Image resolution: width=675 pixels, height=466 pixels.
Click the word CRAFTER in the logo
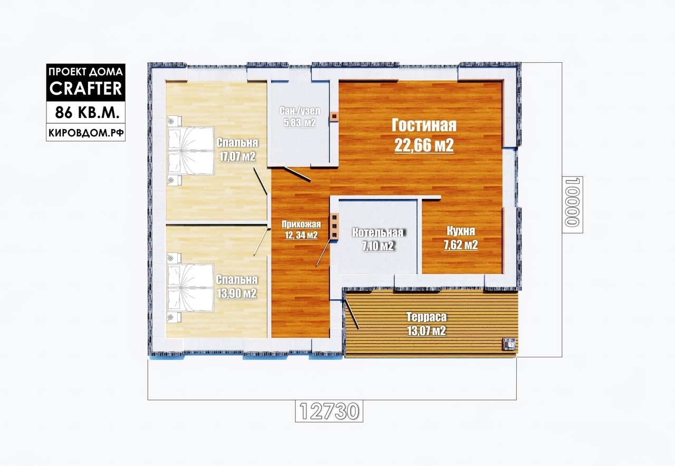(85, 88)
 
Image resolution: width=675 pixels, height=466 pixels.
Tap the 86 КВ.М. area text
(85, 113)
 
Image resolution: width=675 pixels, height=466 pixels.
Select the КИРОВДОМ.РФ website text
(86, 133)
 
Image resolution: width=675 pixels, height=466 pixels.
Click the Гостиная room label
(424, 125)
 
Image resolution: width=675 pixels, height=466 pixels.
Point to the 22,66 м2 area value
(424, 145)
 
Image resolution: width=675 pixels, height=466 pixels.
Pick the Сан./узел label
(300, 111)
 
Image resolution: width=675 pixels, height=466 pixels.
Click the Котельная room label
(378, 232)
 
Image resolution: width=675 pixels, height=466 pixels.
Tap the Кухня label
(461, 231)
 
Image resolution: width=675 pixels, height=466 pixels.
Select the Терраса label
(427, 317)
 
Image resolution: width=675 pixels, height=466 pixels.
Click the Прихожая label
(301, 224)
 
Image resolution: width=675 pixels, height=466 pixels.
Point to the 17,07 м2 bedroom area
(237, 157)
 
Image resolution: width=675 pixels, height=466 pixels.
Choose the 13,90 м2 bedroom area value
(237, 293)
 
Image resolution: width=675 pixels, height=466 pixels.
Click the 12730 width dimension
(329, 411)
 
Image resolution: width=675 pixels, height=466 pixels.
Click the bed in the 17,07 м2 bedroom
(191, 150)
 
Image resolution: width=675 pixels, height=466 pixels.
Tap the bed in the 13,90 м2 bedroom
(190, 288)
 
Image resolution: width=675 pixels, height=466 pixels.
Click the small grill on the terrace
(509, 344)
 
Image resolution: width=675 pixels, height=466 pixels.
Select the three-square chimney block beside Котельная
(334, 226)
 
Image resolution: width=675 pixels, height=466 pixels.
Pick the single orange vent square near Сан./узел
(334, 116)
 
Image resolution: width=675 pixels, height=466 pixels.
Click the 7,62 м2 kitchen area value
(461, 245)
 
